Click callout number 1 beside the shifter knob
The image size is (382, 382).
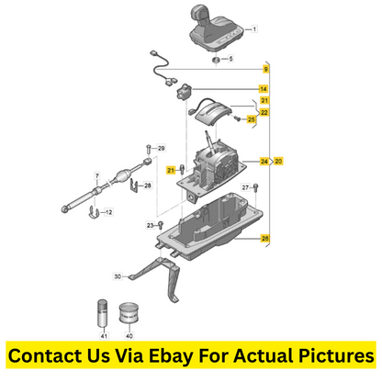(x=254, y=29)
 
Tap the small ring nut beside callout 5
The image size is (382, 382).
(x=217, y=60)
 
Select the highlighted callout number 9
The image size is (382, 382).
(x=266, y=69)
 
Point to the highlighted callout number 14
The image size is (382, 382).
(x=264, y=89)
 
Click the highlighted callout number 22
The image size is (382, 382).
(x=264, y=112)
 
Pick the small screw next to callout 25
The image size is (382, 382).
(x=236, y=118)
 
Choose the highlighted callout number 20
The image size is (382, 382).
(x=278, y=161)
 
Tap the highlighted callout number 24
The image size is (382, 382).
(x=264, y=161)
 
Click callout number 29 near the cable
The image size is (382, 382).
(x=162, y=148)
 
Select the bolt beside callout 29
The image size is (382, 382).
(x=149, y=149)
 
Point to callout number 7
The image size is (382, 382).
(x=97, y=176)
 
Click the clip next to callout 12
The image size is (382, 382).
(x=94, y=212)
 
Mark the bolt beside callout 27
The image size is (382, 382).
(x=256, y=188)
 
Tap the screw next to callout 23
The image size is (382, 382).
(x=161, y=226)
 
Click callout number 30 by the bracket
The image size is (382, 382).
(x=118, y=276)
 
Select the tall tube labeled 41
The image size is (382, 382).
(x=103, y=313)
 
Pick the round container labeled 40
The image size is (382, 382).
(x=129, y=313)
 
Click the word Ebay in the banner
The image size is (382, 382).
(x=171, y=356)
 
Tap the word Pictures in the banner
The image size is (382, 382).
(x=336, y=355)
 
